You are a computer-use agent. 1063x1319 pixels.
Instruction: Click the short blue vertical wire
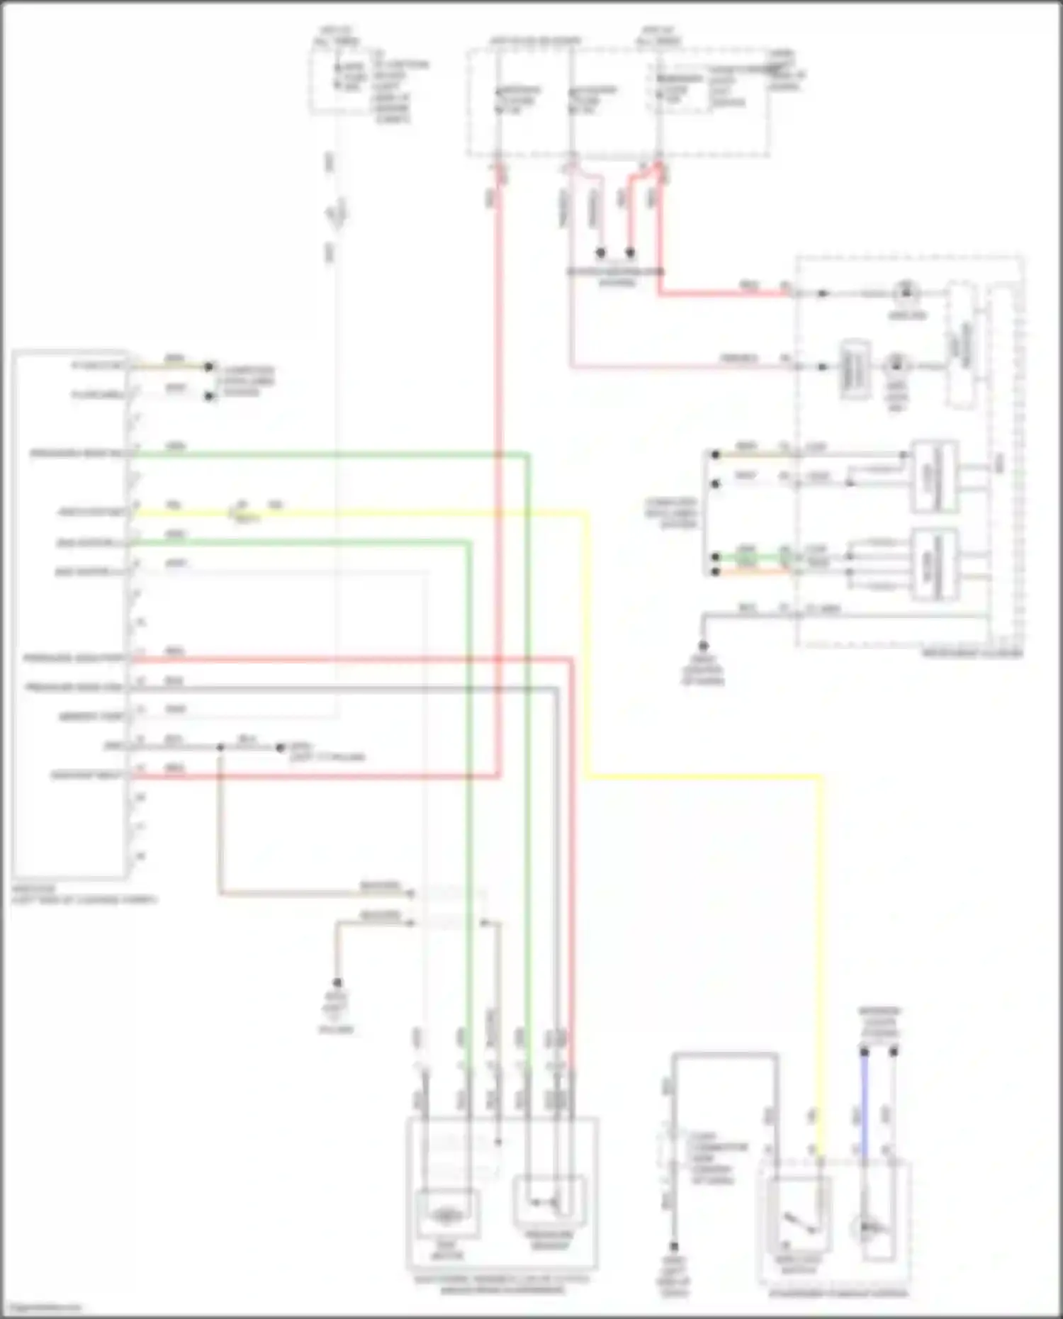[864, 1106]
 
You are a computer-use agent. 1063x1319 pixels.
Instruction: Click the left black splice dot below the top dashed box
[601, 252]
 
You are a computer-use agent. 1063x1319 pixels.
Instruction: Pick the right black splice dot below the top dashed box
[630, 252]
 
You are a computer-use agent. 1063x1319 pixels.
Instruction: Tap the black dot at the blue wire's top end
[864, 1053]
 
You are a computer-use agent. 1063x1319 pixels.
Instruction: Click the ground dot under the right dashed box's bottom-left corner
[703, 646]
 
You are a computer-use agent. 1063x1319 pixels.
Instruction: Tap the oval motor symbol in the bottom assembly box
[445, 1216]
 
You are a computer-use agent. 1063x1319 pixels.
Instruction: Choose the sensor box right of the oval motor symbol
[550, 1201]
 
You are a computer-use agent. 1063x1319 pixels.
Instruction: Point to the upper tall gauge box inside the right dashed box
[934, 476]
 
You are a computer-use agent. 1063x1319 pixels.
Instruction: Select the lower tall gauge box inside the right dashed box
[934, 565]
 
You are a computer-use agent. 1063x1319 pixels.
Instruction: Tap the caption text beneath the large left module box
[84, 894]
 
